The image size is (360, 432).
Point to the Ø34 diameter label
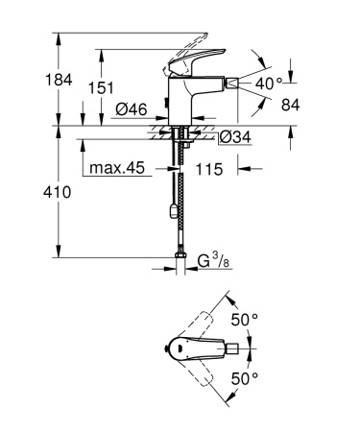[235, 137]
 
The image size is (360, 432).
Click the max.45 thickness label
[117, 169]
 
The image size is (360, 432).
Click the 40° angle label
[268, 84]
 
